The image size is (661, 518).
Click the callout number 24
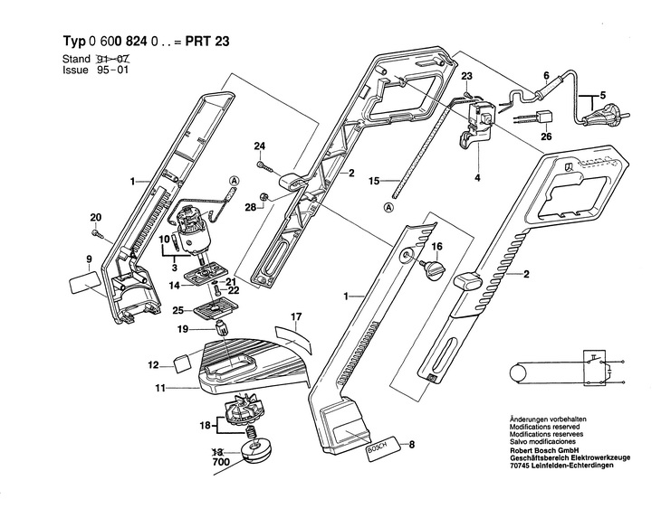pos(260,146)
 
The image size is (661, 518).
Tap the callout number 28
pos(251,207)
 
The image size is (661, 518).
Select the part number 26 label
pos(546,137)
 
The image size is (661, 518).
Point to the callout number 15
pos(374,182)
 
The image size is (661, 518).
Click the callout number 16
pos(436,246)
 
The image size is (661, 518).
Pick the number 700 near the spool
pos(221,462)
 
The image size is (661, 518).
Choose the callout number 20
pos(96,218)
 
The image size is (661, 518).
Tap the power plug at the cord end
pos(604,115)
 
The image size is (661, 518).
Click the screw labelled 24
pos(265,166)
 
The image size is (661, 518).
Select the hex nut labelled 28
pos(263,196)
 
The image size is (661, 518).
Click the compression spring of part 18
pos(251,432)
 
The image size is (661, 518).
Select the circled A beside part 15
pos(388,207)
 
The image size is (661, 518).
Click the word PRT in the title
pos(198,42)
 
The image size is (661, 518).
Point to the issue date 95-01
pos(112,70)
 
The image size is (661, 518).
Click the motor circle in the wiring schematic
pos(519,372)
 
